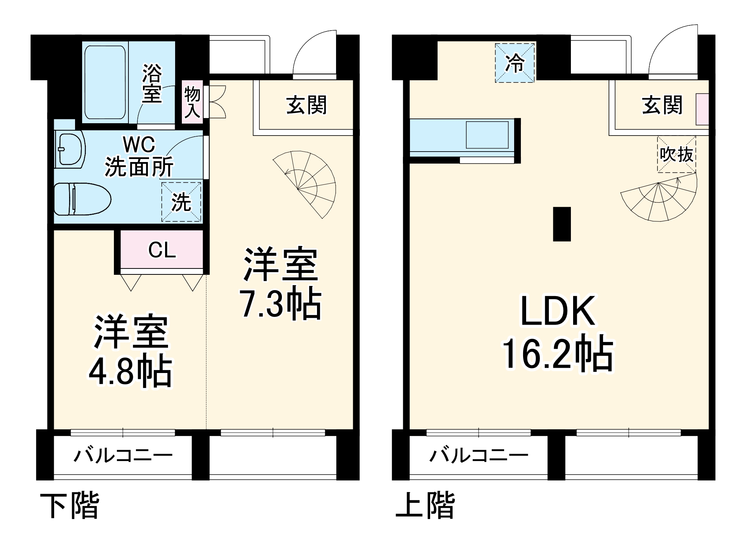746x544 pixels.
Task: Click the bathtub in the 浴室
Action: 105,82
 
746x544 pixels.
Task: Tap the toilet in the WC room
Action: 83,199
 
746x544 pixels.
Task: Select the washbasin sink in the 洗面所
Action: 70,149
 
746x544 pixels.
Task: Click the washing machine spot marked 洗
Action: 181,202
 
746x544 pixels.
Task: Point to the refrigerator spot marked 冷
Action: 515,63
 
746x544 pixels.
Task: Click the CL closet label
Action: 162,250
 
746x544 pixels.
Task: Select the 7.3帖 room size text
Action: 280,303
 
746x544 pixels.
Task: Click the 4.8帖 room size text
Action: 130,372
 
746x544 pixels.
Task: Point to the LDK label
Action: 558,311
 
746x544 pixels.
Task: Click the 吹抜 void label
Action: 676,154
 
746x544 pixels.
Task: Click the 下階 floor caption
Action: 70,506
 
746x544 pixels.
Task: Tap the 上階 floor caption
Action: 425,506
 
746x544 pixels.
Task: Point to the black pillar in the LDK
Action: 562,224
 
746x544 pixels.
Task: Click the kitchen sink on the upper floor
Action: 487,135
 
